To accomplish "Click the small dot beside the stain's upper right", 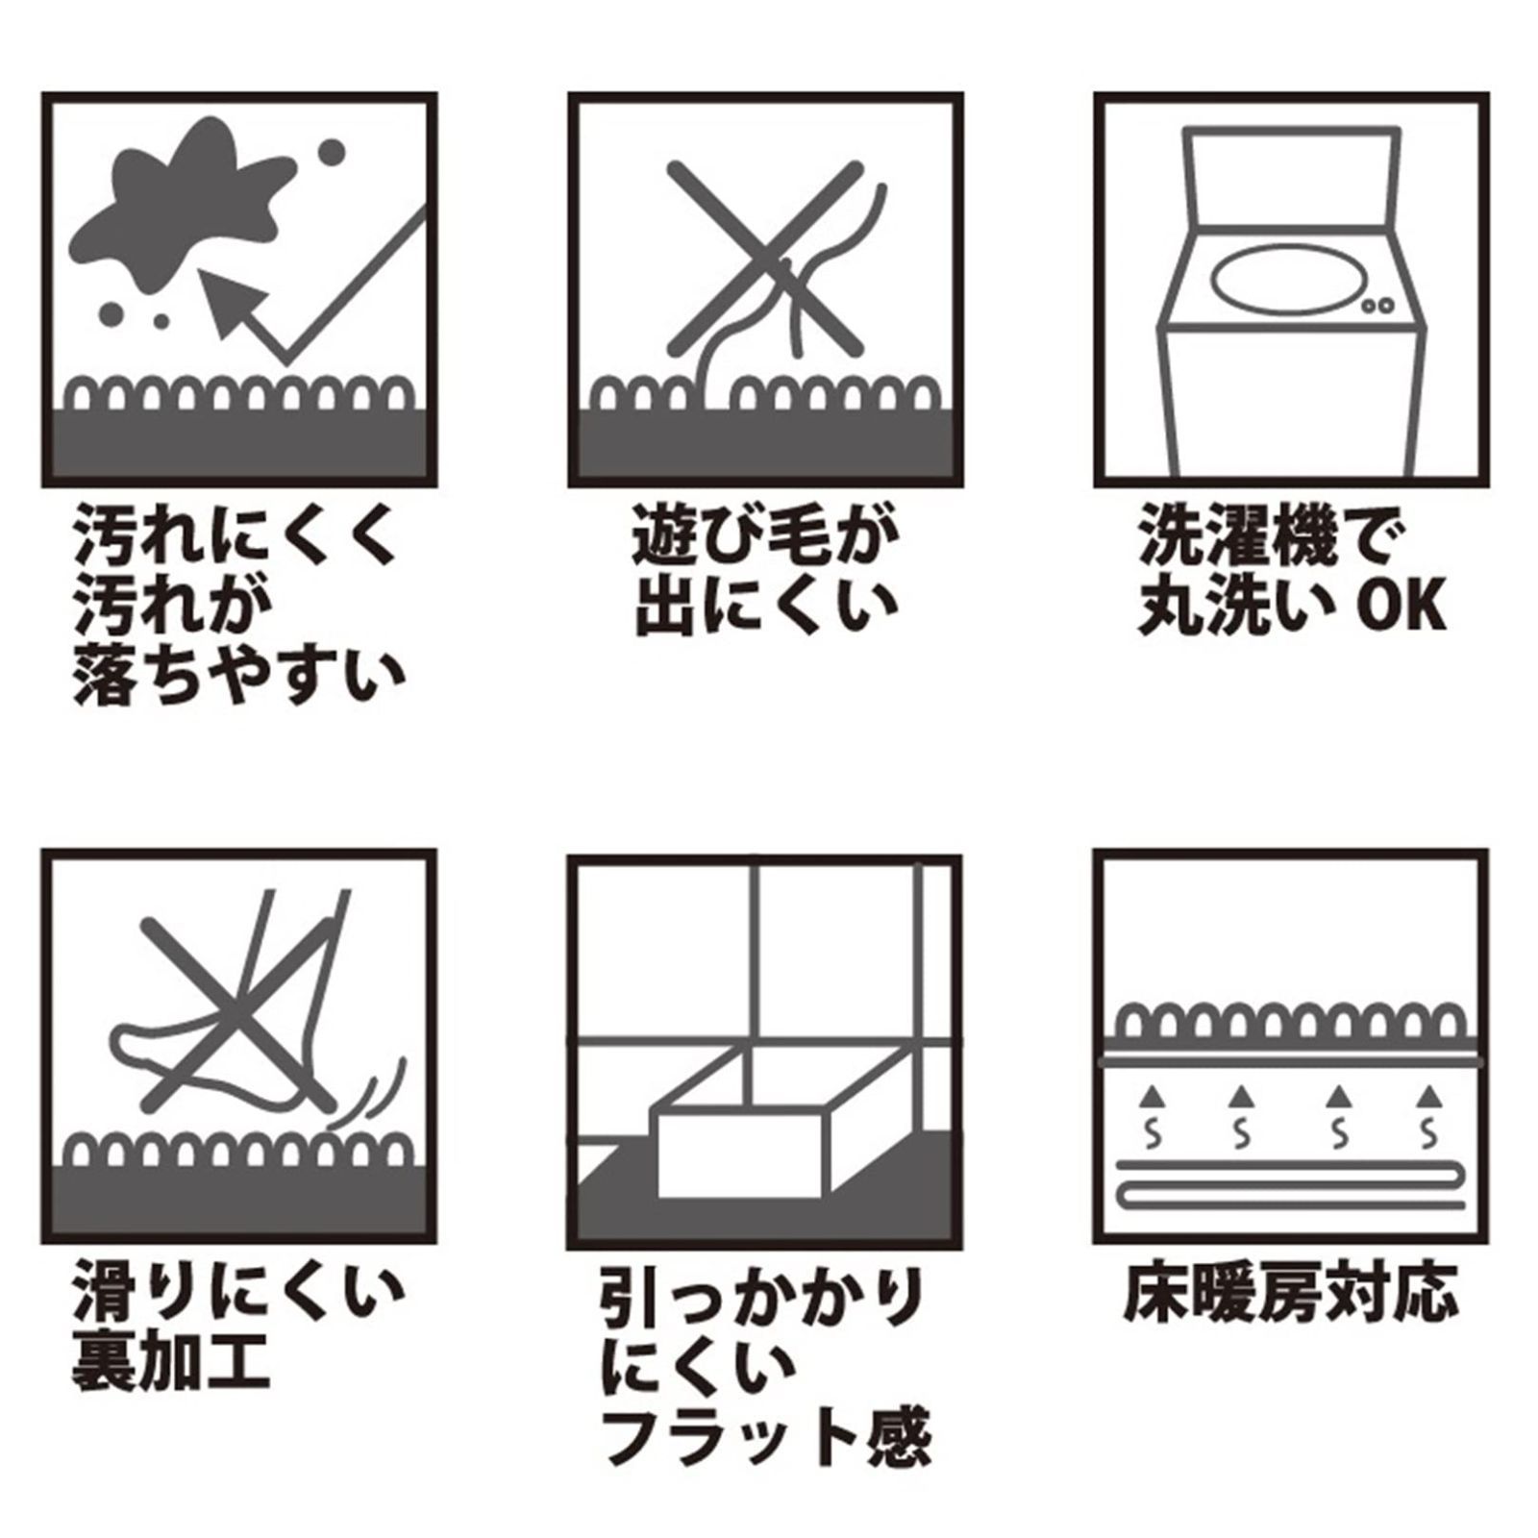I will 331,152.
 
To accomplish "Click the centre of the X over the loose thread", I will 766,258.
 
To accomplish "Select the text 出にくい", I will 766,608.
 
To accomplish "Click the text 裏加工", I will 171,1363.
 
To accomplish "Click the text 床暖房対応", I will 1291,1293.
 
